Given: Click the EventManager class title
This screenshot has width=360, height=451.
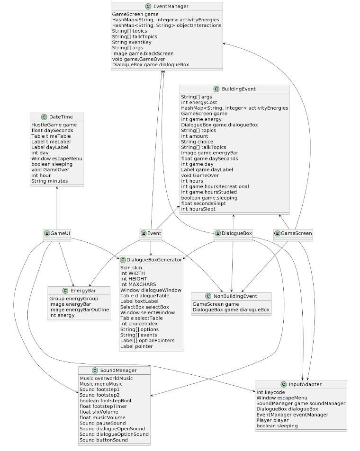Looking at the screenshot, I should click(171, 7).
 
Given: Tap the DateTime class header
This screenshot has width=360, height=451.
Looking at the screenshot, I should click(61, 117).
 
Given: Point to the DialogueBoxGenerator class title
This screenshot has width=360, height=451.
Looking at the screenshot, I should click(154, 260).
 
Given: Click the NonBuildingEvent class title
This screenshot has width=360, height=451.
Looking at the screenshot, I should click(234, 296).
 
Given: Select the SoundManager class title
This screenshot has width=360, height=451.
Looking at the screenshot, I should click(118, 370).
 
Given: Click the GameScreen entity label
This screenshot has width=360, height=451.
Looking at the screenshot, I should click(296, 233).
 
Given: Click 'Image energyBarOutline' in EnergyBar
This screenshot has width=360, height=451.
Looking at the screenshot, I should click(79, 310).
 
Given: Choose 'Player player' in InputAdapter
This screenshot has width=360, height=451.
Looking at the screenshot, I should click(272, 420).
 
